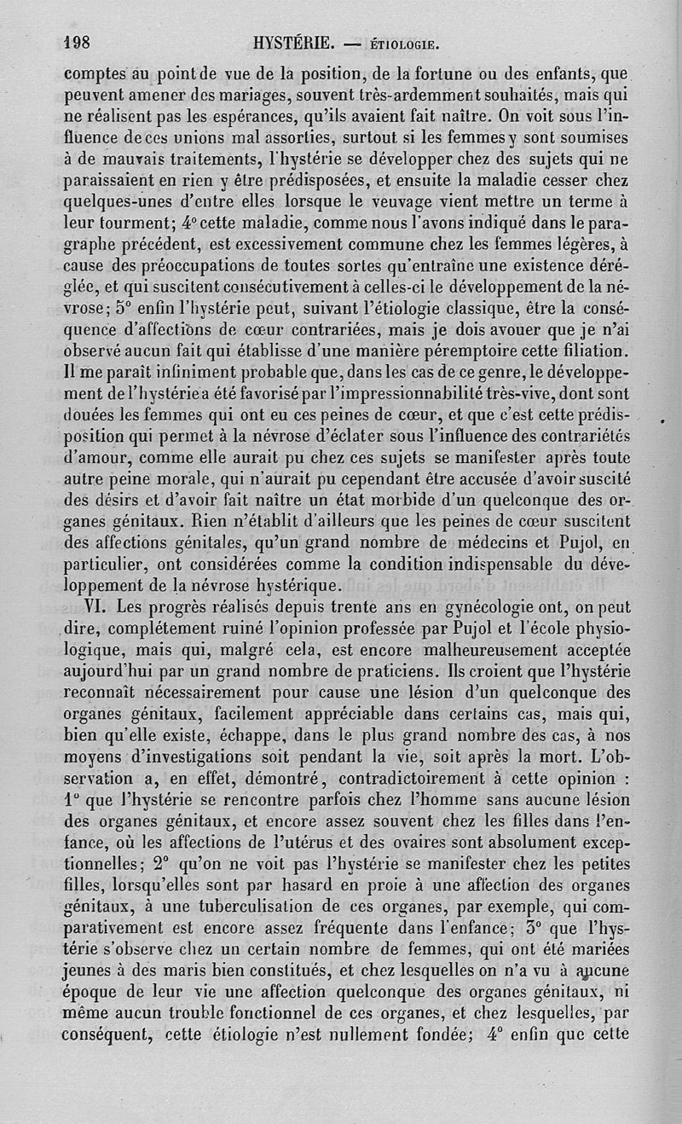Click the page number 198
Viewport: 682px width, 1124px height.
coord(82,43)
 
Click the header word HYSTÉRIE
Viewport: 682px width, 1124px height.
coord(293,43)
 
